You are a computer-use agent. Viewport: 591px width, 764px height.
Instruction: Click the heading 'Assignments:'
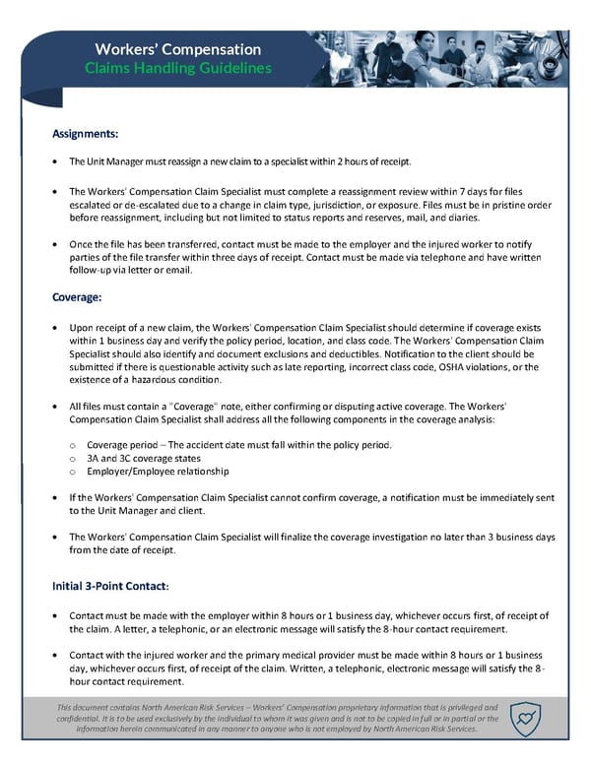coord(85,132)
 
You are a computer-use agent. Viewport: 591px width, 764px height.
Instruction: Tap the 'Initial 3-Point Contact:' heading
coord(110,586)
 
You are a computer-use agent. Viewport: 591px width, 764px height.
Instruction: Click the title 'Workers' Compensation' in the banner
coord(177,49)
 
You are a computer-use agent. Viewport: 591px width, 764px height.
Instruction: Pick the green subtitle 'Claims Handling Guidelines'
coord(177,69)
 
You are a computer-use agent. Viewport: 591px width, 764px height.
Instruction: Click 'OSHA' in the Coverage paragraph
coord(415,367)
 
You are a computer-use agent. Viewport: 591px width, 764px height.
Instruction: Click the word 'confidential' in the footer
coord(80,719)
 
